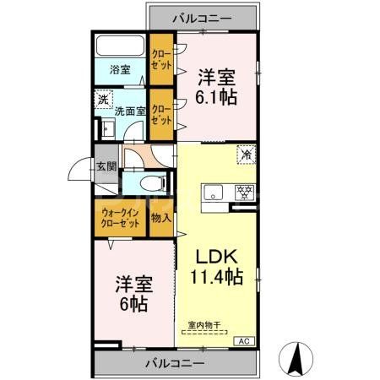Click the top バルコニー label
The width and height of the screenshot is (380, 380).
click(x=203, y=17)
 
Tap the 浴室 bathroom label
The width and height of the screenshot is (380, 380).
click(x=118, y=71)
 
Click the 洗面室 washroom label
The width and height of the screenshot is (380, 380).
click(x=131, y=110)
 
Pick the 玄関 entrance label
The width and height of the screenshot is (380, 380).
click(x=106, y=166)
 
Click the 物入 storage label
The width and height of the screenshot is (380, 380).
click(x=161, y=219)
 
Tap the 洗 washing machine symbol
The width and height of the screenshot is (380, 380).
click(x=102, y=99)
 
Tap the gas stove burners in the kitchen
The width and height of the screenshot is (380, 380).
click(x=246, y=191)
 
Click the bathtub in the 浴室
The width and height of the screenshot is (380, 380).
click(x=120, y=46)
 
